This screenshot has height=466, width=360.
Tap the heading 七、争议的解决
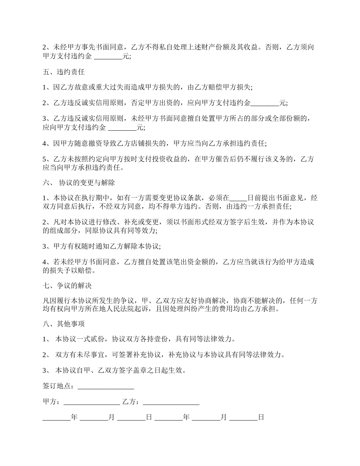67,285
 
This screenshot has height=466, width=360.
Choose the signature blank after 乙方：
171,402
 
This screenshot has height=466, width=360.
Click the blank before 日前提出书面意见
238,198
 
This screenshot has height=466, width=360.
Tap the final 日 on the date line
261,418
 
